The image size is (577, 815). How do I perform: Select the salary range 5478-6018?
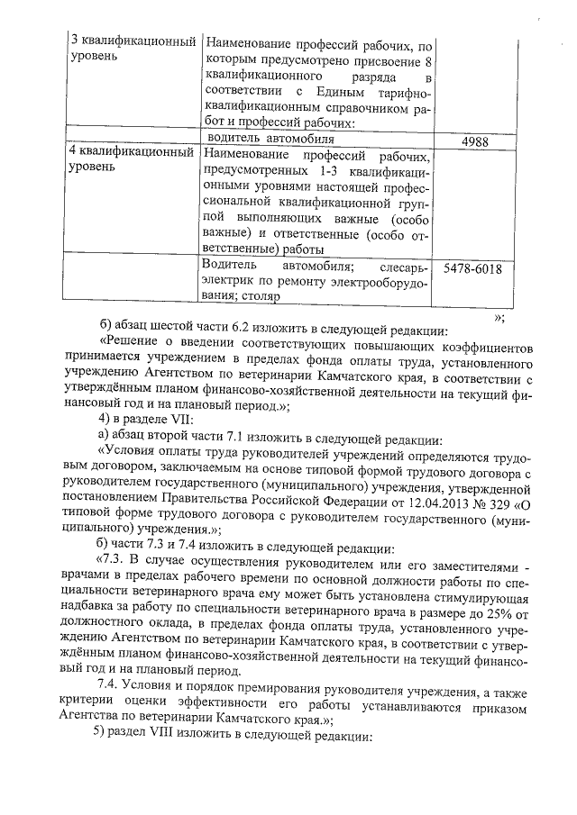click(x=473, y=267)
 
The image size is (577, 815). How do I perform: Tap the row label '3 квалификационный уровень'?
click(x=133, y=50)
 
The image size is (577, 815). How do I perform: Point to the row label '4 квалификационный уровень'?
click(x=133, y=160)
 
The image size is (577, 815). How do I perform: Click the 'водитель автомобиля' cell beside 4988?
click(x=270, y=140)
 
